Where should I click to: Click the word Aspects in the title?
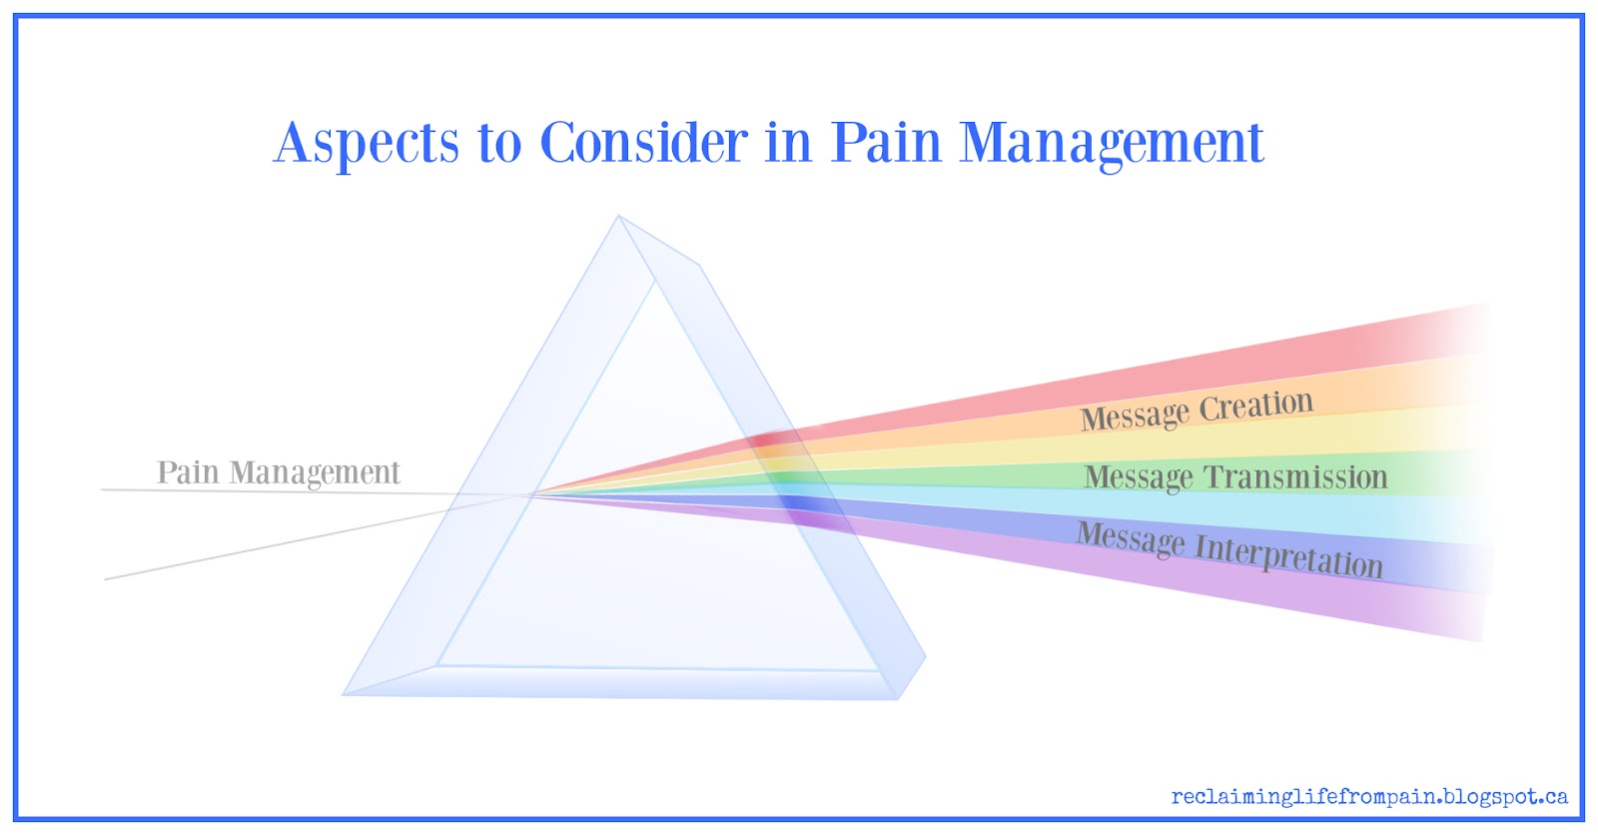[367, 144]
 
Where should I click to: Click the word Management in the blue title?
[1112, 144]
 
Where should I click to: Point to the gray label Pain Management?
[278, 472]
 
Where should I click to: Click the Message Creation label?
[1197, 410]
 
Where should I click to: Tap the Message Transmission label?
[1235, 477]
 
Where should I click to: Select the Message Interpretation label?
[1229, 549]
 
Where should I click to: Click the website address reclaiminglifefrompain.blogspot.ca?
[1369, 797]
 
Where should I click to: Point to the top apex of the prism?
[618, 216]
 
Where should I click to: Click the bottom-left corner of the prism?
[345, 694]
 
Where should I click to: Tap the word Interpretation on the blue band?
[1288, 555]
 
